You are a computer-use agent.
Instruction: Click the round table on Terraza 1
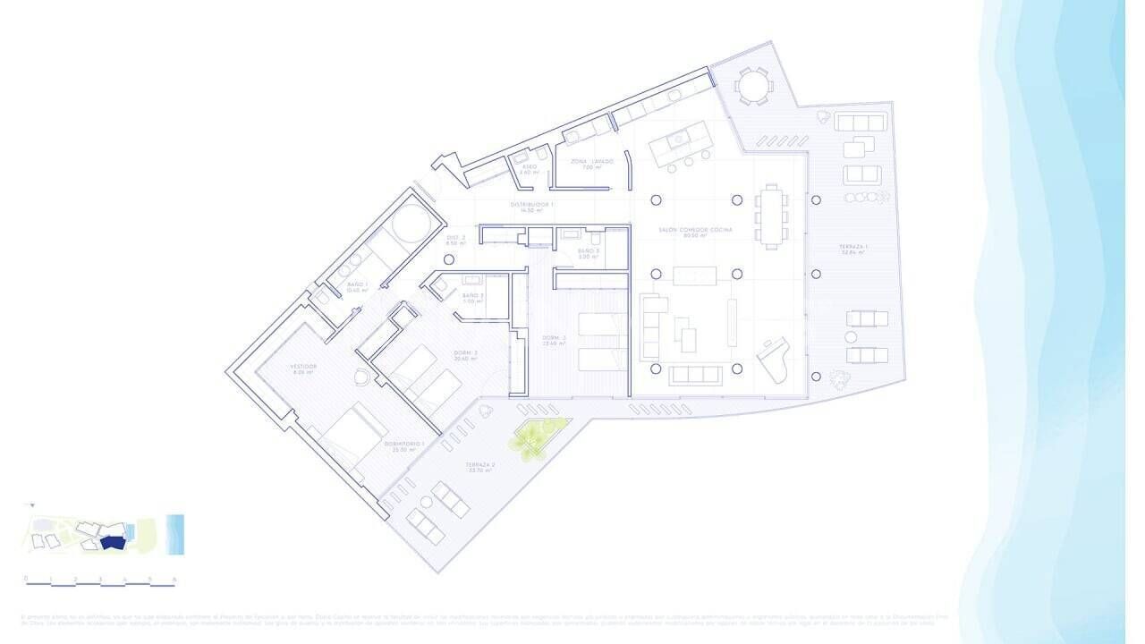752,86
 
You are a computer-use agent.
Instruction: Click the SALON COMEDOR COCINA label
695,231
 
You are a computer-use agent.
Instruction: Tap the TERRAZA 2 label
480,466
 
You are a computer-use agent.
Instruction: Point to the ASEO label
530,167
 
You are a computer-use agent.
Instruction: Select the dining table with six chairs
771,215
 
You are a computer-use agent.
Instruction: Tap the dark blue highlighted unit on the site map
111,542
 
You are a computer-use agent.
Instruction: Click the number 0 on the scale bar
26,579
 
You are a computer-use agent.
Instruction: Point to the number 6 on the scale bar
174,579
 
